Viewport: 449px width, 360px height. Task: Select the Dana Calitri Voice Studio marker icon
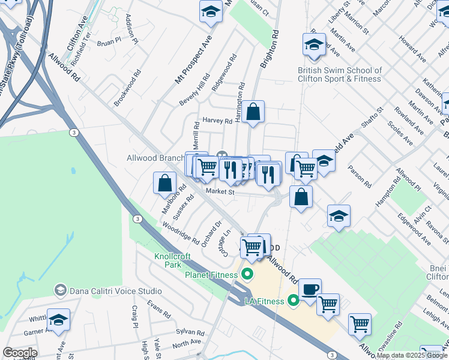[x=60, y=290]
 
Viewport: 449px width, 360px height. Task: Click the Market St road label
[x=219, y=191]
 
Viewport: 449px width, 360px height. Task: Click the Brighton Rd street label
[x=268, y=52]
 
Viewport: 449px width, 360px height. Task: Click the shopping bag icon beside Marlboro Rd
[x=164, y=182]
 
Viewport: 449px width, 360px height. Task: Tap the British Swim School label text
[x=340, y=74]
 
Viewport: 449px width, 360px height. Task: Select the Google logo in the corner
[x=20, y=352]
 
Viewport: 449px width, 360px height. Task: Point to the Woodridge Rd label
[x=181, y=232]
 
